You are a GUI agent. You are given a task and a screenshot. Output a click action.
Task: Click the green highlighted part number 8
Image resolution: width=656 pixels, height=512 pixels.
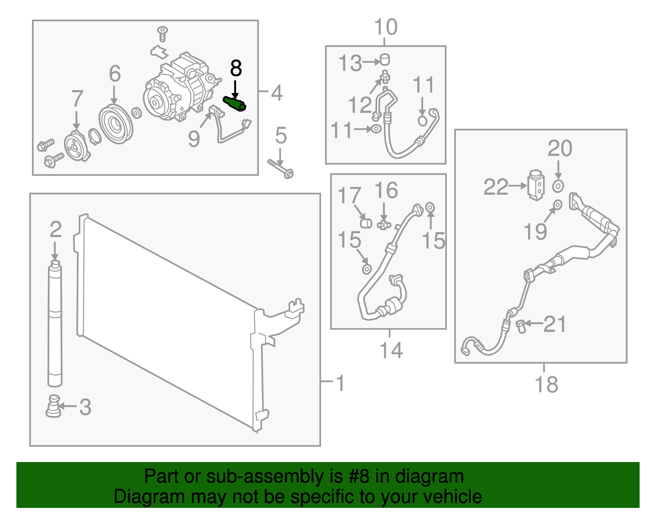click(x=234, y=103)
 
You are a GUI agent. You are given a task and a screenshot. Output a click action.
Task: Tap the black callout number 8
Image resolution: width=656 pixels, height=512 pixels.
click(x=236, y=68)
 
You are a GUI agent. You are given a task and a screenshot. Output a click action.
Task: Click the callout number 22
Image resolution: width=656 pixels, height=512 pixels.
click(x=496, y=187)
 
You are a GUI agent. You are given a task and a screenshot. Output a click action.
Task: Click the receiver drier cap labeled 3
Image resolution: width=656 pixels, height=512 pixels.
click(x=53, y=406)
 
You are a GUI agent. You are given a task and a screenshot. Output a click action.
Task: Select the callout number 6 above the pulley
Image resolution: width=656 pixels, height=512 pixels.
click(x=115, y=74)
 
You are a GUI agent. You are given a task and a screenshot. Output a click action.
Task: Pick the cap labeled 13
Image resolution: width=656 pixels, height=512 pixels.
click(x=385, y=60)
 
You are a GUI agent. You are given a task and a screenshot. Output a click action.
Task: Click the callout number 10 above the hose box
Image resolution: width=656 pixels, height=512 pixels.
click(x=385, y=27)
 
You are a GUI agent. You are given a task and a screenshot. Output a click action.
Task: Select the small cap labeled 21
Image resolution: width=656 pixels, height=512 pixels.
click(x=521, y=326)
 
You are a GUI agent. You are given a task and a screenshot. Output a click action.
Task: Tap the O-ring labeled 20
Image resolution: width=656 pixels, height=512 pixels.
click(x=558, y=186)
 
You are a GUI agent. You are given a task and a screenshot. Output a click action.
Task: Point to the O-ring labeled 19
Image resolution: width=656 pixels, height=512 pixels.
click(x=558, y=204)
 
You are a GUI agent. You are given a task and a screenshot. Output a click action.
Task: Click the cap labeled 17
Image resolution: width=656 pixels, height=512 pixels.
click(x=366, y=223)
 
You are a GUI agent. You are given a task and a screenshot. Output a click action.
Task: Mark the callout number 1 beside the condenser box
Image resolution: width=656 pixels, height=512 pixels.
click(x=340, y=383)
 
